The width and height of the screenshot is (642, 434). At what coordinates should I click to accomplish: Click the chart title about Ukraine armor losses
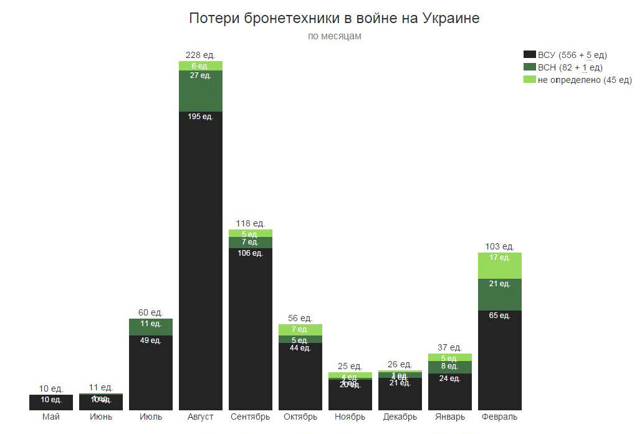pos(334,18)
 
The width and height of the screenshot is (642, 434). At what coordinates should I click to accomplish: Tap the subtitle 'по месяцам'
pos(334,36)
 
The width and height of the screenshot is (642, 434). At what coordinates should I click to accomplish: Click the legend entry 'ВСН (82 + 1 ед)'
pos(570,67)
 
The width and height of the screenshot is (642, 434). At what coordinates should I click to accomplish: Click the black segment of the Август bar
pos(201,262)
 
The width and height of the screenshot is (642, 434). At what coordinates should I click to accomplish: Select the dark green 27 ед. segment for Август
pos(201,91)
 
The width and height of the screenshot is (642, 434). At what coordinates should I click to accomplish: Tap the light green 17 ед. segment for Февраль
pos(500,266)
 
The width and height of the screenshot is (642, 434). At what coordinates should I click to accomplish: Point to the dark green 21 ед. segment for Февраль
pos(500,294)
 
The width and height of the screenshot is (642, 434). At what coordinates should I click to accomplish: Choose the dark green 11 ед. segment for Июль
pos(151,327)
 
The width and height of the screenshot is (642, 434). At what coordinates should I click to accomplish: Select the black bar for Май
pos(51,403)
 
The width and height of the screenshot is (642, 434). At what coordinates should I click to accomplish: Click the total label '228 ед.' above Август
pos(201,55)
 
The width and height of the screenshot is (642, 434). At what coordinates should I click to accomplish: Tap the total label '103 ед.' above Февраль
pos(500,246)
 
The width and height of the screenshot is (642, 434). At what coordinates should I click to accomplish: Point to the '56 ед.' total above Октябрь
pos(300,318)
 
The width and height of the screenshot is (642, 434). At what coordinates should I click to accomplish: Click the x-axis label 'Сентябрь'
pos(250,417)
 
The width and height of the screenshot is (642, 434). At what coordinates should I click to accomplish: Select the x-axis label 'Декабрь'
pos(400,417)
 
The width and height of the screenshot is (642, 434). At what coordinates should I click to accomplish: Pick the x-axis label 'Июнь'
pos(101,417)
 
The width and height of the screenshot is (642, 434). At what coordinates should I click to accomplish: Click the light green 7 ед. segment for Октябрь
pos(300,330)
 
